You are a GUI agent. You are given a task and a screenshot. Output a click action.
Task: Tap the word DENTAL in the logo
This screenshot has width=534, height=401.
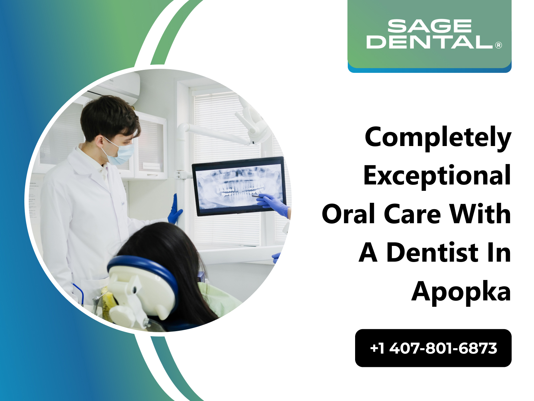(x=430, y=42)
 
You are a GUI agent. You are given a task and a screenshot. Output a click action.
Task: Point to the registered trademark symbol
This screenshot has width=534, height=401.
(x=499, y=45)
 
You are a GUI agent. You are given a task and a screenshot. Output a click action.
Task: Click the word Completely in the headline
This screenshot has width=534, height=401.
(x=438, y=138)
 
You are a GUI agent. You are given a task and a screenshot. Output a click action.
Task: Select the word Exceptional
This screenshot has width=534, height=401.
(x=437, y=176)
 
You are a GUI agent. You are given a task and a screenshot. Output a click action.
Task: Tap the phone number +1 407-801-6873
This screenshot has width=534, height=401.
(x=433, y=348)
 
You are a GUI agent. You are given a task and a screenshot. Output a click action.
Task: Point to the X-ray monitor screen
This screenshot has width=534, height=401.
(x=239, y=186)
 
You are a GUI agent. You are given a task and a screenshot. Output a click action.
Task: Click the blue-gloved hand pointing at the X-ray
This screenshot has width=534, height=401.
(x=272, y=204)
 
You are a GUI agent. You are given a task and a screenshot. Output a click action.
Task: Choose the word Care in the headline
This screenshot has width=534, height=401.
(x=413, y=214)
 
